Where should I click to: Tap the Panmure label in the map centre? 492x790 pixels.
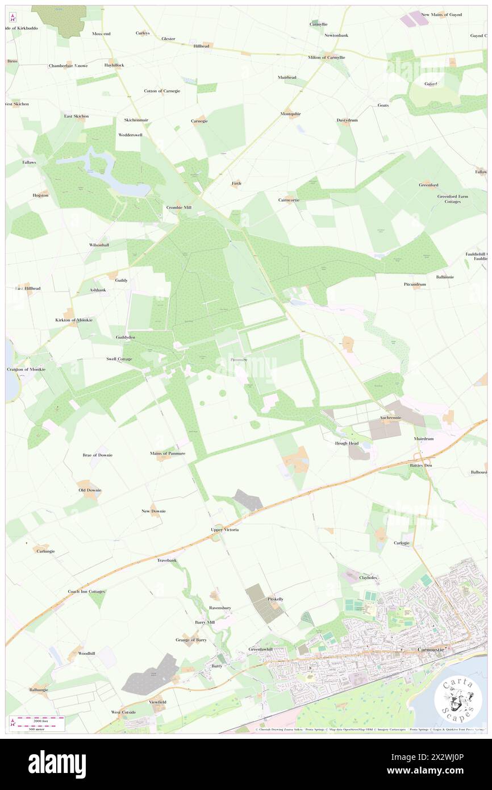[x=239, y=360]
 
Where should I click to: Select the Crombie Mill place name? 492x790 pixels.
[x=178, y=207]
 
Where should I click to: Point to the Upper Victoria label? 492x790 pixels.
[x=225, y=530]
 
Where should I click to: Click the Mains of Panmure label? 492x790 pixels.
[x=168, y=453]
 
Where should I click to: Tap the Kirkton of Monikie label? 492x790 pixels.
[x=78, y=320]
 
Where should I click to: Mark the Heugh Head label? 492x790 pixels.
[x=347, y=443]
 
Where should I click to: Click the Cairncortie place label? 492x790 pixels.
[x=289, y=200]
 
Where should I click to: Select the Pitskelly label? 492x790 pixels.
[x=276, y=599]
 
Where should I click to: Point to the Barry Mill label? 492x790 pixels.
[x=205, y=622]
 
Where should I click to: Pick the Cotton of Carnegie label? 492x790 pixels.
[x=162, y=91]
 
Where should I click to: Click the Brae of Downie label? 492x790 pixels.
[x=98, y=455]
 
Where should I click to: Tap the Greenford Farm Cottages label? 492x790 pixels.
[x=457, y=199]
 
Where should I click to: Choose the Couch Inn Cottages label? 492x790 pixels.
[x=86, y=592]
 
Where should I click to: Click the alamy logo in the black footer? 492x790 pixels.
[x=57, y=764]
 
